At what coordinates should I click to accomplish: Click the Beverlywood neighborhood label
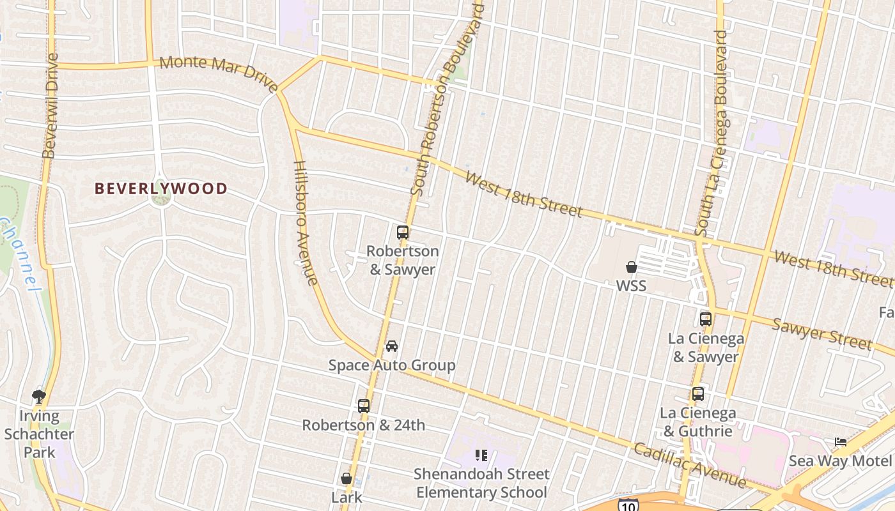(161, 188)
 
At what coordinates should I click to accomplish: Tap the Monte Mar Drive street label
(219, 73)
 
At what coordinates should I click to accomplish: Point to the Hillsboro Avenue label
(306, 222)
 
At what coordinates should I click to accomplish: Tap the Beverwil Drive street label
(51, 105)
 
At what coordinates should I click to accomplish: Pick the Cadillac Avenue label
(689, 465)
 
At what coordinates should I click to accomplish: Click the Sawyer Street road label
(822, 334)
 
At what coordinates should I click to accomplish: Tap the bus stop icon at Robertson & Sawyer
(403, 233)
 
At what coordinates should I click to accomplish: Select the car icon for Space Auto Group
(392, 346)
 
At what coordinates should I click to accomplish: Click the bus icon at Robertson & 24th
(364, 406)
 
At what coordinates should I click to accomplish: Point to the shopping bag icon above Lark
(346, 478)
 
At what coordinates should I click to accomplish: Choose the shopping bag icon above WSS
(632, 267)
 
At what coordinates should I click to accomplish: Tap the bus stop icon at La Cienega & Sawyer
(706, 319)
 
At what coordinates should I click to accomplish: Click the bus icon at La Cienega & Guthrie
(698, 394)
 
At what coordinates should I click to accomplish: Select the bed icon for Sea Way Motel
(841, 442)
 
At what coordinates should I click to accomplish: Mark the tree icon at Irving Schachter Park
(39, 397)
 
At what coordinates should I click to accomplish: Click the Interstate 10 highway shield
(628, 505)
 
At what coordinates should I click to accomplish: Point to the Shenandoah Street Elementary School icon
(481, 455)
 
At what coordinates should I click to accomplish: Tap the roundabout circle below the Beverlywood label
(160, 199)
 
